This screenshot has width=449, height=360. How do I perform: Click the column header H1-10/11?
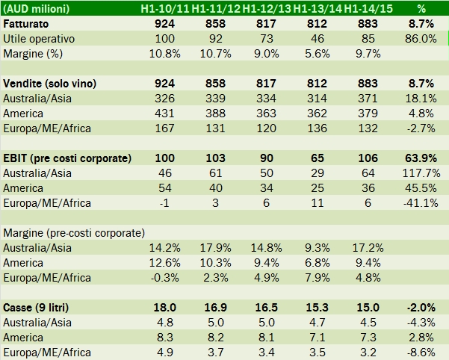[164, 9]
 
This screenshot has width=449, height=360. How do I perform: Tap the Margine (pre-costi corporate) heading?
[75, 232]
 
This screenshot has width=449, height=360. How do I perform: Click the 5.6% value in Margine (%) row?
[317, 53]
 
